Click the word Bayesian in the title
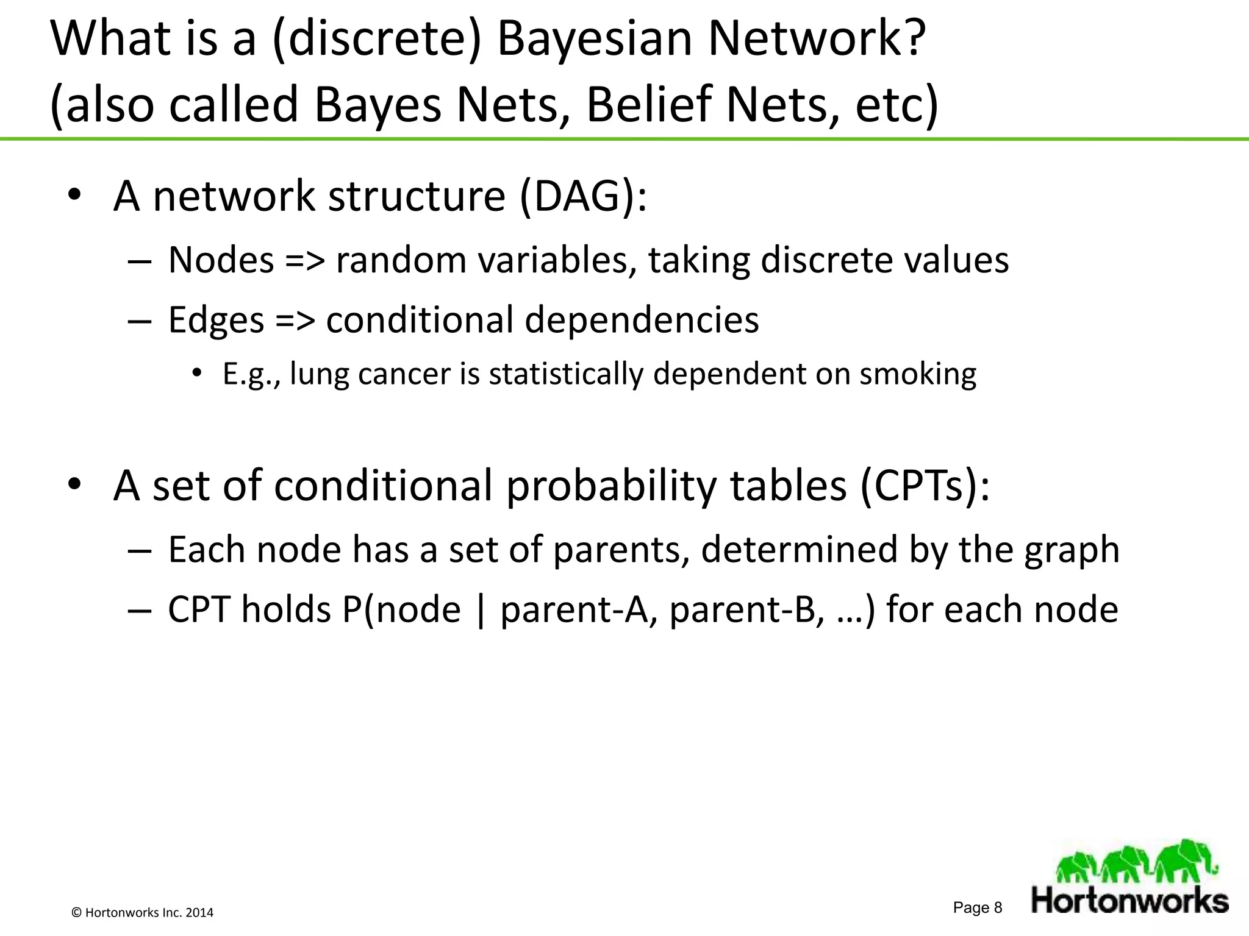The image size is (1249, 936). [x=595, y=40]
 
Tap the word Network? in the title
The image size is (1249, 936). [x=816, y=40]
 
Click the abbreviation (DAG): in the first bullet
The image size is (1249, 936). [x=583, y=197]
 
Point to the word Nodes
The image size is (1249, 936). [x=221, y=260]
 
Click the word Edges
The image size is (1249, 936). [x=216, y=320]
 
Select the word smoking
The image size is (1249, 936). [x=918, y=374]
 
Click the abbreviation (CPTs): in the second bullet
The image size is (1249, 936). [x=925, y=486]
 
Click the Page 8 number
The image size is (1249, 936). [x=978, y=907]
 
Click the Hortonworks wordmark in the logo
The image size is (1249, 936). [x=1129, y=901]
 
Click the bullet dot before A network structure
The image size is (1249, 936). [x=74, y=196]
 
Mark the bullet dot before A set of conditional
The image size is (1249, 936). [x=74, y=484]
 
